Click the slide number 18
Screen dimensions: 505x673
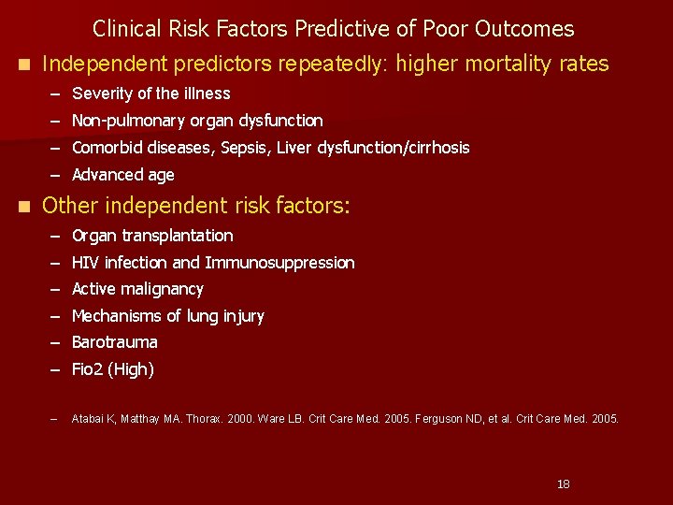pos(563,483)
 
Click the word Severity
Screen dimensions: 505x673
pos(102,94)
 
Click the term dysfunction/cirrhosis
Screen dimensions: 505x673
pos(394,148)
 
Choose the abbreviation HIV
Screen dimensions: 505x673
pos(85,263)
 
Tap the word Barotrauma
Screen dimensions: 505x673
pos(114,342)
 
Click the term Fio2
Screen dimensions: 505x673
pos(88,369)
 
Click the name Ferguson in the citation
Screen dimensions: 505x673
pos(444,419)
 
